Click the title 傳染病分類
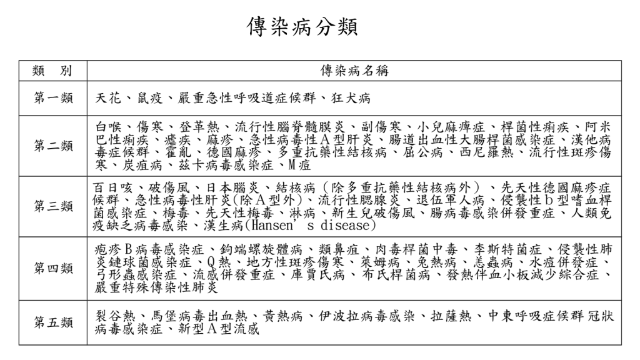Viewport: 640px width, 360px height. [302, 27]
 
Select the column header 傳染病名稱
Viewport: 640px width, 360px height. [354, 71]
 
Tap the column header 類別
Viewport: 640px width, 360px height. [52, 71]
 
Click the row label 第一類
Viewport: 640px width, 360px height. [53, 98]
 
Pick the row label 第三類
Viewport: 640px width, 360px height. [53, 206]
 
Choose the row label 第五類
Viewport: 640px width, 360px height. [53, 323]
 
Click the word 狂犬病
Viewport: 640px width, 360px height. [351, 98]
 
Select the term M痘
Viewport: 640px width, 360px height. [299, 165]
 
